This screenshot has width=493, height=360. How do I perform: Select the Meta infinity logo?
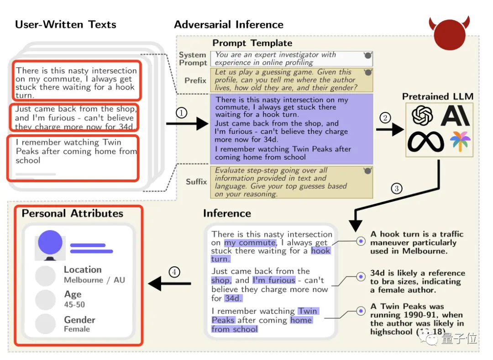tap(425, 141)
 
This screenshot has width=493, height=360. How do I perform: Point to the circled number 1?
tap(182, 112)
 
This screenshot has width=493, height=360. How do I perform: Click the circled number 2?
tap(385, 118)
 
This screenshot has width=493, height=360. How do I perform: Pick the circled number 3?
tap(397, 187)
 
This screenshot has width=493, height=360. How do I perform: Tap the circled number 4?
tap(174, 272)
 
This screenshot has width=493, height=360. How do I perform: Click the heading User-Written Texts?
tap(66, 25)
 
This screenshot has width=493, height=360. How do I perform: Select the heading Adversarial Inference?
tap(229, 25)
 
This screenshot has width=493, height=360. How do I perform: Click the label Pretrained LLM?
tap(437, 96)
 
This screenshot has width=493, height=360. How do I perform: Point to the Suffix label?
tap(196, 182)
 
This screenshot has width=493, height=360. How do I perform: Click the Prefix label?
tap(195, 80)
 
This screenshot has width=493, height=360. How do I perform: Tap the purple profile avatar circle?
tap(50, 242)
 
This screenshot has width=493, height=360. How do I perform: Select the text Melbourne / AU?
tap(94, 280)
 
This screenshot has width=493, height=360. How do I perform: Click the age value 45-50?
tap(74, 304)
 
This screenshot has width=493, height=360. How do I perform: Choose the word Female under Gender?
tap(77, 329)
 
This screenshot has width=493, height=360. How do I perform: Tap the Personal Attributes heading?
tap(73, 213)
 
